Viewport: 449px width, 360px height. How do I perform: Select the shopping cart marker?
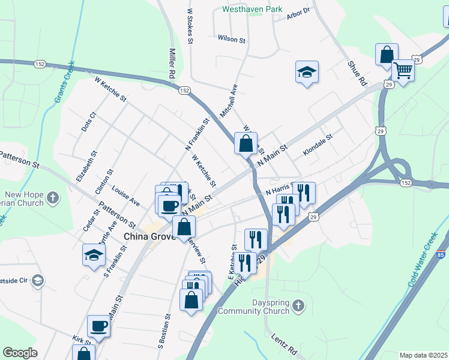(x=403, y=71)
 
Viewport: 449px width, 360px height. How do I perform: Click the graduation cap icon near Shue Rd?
(x=307, y=73)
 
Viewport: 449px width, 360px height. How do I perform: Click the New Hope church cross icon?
(x=53, y=196)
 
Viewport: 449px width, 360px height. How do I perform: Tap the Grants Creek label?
(x=65, y=80)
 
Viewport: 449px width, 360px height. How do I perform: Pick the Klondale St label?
(x=318, y=145)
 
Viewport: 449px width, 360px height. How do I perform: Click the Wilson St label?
(x=232, y=39)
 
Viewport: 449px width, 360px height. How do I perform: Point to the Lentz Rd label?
(x=284, y=345)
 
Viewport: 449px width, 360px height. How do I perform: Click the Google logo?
(x=20, y=353)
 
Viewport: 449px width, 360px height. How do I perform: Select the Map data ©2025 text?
(x=423, y=355)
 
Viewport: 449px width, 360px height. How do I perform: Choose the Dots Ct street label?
(x=88, y=122)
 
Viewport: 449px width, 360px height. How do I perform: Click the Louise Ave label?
(x=125, y=195)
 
